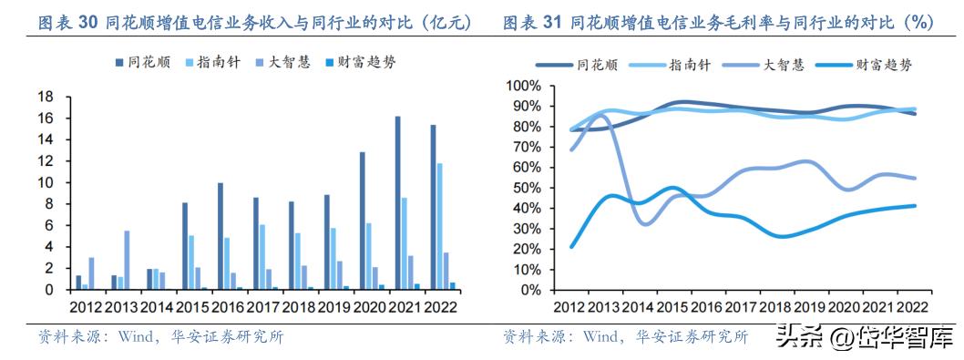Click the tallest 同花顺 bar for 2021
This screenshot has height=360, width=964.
coord(397,203)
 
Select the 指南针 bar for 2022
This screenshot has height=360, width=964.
coord(440,227)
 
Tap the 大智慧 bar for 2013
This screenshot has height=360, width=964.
coord(127,261)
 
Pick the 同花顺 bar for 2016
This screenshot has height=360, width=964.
coord(220,237)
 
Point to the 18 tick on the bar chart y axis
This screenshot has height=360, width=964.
coord(43,98)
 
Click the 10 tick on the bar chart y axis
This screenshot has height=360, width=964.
coord(43,183)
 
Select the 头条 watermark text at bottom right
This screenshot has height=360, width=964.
coord(793,338)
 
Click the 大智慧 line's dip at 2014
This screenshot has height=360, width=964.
coord(642,223)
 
